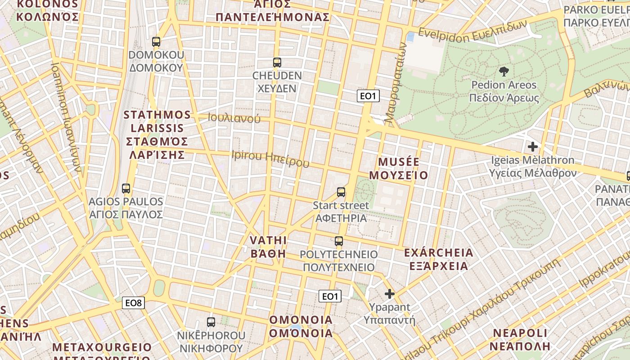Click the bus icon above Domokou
tap(156, 42)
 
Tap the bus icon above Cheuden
tap(277, 63)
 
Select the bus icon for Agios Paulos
tap(126, 189)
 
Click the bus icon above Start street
tap(341, 192)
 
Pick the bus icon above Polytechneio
tap(339, 241)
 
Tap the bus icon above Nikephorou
tap(211, 322)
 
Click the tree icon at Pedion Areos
tap(504, 71)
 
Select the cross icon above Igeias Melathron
tap(533, 147)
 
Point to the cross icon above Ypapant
tap(390, 294)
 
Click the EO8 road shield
tap(134, 303)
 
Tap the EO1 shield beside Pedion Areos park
tap(368, 96)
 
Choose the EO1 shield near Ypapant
tap(330, 296)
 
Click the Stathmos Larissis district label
tap(157, 135)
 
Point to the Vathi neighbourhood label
tap(269, 247)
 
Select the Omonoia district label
tap(301, 327)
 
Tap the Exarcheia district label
tap(439, 259)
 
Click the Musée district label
tap(399, 168)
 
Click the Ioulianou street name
tap(234, 118)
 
